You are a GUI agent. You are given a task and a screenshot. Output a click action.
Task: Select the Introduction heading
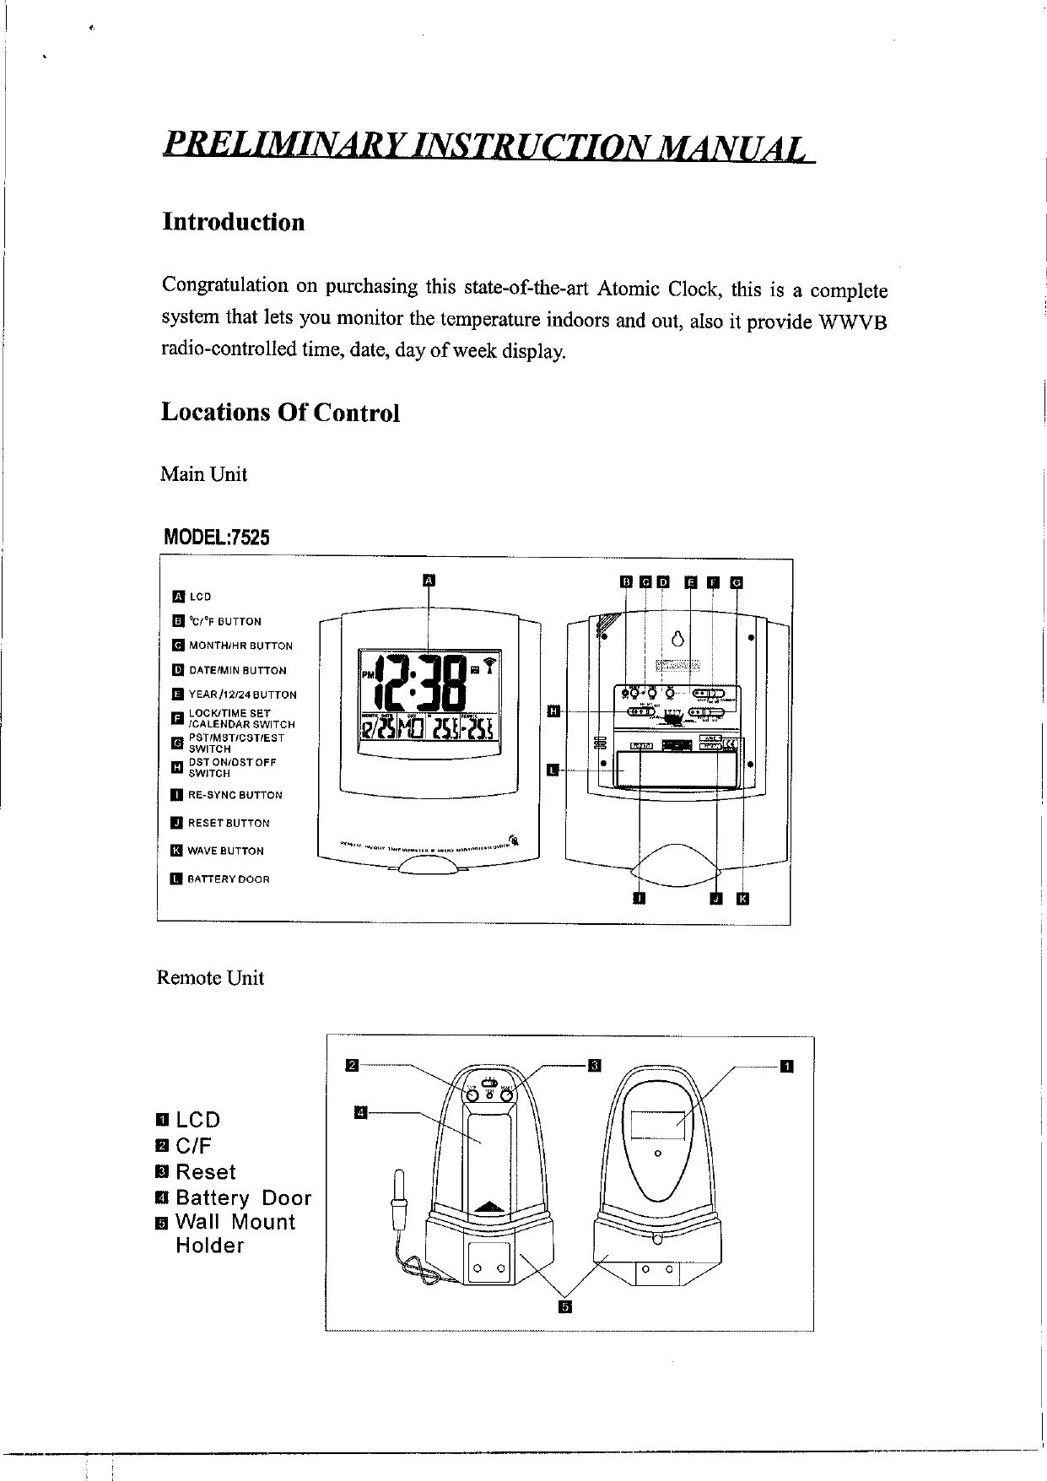[233, 222]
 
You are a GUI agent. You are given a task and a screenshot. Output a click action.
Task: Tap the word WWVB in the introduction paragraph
[852, 324]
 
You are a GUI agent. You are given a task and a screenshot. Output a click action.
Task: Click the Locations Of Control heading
[280, 413]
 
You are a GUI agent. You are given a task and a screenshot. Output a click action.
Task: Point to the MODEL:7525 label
[217, 537]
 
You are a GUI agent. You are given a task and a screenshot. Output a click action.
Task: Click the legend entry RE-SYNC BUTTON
[235, 795]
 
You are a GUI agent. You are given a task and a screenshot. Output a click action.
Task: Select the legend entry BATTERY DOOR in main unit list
[228, 879]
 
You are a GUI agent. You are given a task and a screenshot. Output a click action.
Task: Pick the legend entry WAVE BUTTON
[225, 851]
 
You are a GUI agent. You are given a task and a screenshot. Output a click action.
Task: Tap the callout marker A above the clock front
[429, 580]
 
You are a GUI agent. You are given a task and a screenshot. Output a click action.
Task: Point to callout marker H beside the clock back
[553, 711]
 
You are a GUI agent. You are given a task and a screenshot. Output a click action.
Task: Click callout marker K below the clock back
[742, 898]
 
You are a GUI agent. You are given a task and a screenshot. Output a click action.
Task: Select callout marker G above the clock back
[736, 581]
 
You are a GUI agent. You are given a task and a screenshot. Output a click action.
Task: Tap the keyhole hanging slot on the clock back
[677, 638]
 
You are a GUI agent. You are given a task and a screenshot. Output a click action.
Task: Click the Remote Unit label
[210, 978]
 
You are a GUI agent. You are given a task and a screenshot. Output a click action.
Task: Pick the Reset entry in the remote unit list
[205, 1172]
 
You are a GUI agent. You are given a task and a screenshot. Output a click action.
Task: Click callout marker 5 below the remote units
[564, 1307]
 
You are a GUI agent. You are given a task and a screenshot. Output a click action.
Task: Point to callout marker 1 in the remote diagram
[786, 1067]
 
